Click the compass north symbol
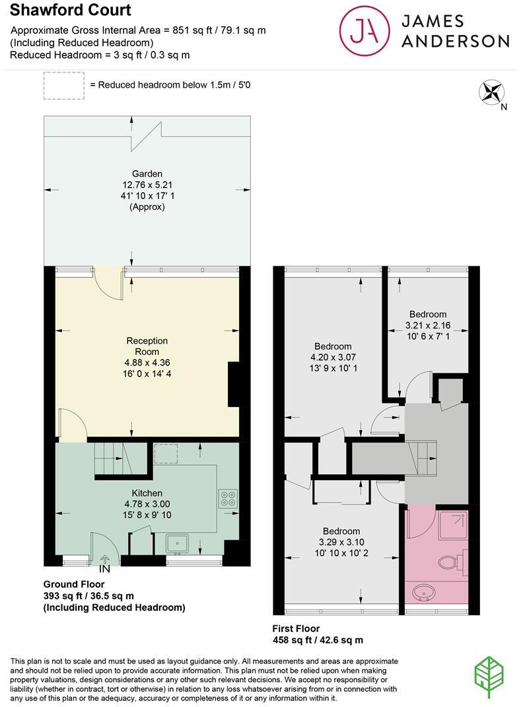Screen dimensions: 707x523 click(491, 92)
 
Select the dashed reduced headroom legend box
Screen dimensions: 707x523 click(63, 86)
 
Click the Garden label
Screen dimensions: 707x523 click(147, 174)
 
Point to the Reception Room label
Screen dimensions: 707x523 click(147, 346)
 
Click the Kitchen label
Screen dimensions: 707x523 click(147, 493)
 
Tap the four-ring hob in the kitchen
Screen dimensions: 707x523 click(228, 498)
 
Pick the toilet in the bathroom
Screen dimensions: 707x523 click(452, 561)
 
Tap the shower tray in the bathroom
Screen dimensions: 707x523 click(452, 524)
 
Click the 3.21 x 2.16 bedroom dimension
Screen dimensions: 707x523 click(427, 325)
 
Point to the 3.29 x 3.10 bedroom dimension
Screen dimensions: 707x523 click(341, 542)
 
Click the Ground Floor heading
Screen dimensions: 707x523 click(74, 584)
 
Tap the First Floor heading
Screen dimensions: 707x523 click(305, 629)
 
